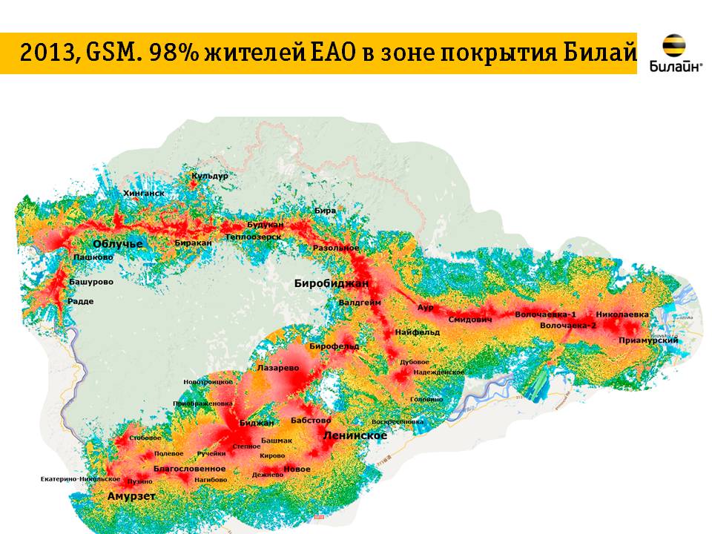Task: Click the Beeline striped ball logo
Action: click(673, 46)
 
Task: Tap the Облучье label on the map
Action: click(117, 243)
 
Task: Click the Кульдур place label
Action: click(210, 177)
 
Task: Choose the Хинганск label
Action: click(144, 193)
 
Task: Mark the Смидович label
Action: click(470, 320)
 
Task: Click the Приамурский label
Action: click(649, 340)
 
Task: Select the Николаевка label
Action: click(622, 314)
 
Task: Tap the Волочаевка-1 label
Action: click(545, 314)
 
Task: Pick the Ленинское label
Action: click(355, 436)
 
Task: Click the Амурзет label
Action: click(131, 496)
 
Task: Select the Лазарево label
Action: click(277, 367)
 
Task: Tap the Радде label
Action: click(80, 301)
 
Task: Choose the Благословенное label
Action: click(189, 469)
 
